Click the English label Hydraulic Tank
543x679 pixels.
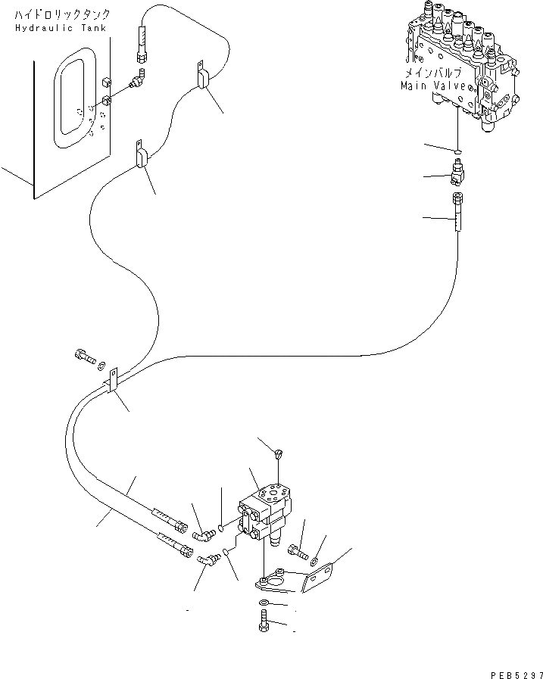pyautogui.click(x=61, y=28)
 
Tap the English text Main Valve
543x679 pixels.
pyautogui.click(x=433, y=86)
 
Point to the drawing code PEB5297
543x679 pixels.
pyautogui.click(x=516, y=674)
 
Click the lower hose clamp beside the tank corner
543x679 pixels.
pyautogui.click(x=142, y=154)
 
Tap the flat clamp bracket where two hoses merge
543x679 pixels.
pyautogui.click(x=112, y=380)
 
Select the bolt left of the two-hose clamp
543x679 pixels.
pyautogui.click(x=85, y=357)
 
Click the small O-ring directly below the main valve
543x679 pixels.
pyautogui.click(x=457, y=151)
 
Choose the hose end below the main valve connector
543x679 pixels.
pyautogui.click(x=457, y=212)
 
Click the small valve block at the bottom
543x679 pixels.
pyautogui.click(x=264, y=513)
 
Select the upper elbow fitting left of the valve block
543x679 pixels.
pyautogui.click(x=204, y=536)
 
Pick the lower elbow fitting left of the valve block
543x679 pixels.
pyautogui.click(x=208, y=560)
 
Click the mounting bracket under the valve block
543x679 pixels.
pyautogui.click(x=295, y=580)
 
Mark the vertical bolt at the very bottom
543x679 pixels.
pyautogui.click(x=264, y=621)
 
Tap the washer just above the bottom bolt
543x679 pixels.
pyautogui.click(x=264, y=602)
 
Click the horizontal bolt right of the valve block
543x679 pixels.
pyautogui.click(x=298, y=552)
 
